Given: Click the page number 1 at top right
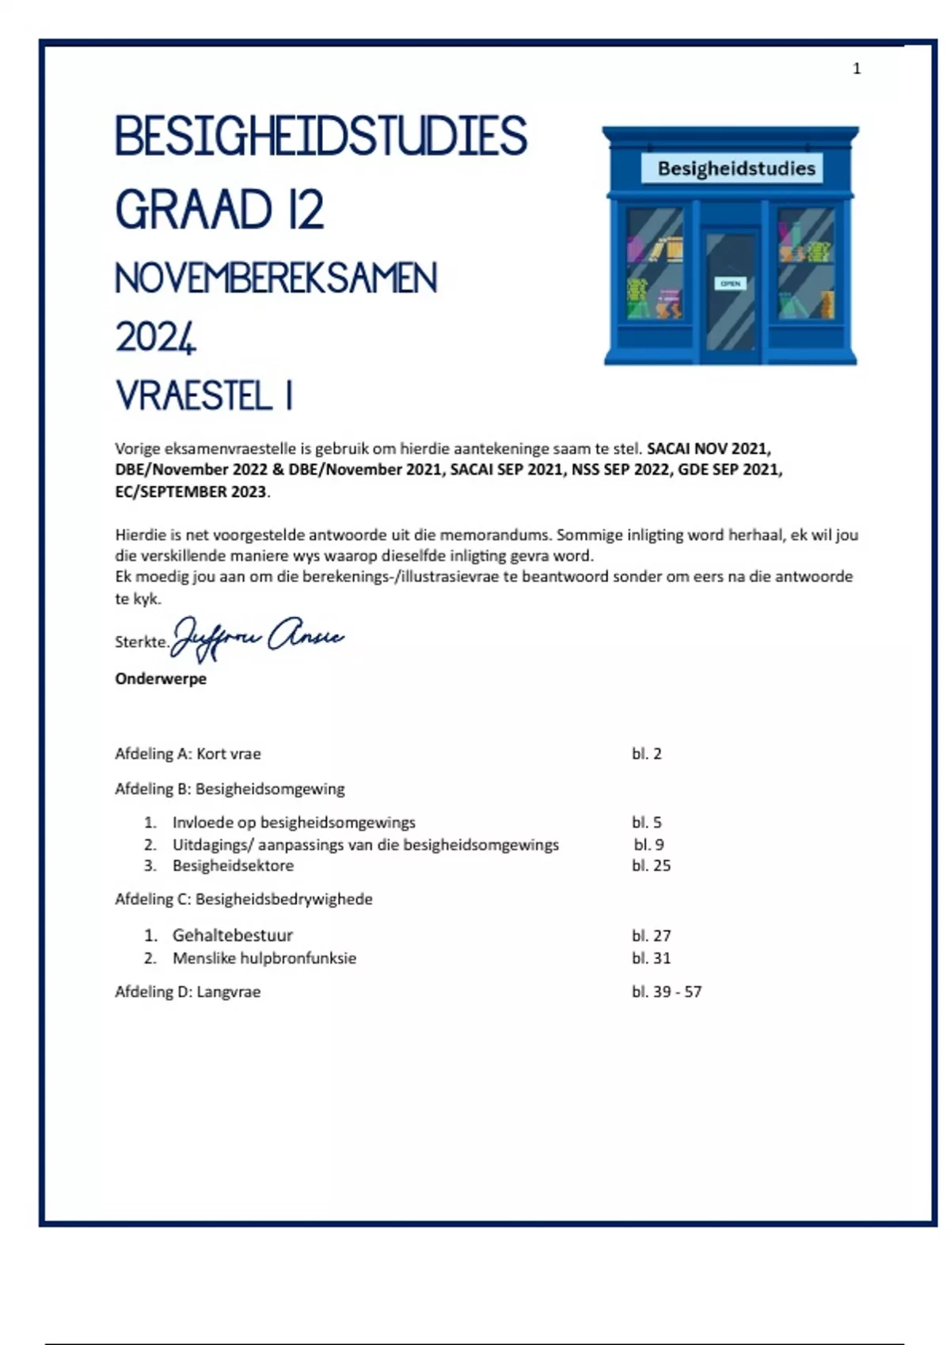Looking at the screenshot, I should click(857, 69).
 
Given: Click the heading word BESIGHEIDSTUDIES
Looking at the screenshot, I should click(321, 136).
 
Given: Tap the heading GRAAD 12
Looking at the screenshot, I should click(219, 210).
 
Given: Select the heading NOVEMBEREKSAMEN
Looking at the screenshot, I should click(275, 278).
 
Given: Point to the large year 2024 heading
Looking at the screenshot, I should click(155, 337).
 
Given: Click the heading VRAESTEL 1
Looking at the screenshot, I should click(204, 396).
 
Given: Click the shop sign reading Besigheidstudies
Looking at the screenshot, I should click(735, 169).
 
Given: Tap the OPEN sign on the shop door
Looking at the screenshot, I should click(730, 283).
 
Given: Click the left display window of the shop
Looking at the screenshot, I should click(655, 263).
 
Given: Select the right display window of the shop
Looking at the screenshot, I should click(806, 263).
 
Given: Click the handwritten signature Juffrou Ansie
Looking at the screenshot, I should click(257, 638).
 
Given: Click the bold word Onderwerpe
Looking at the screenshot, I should click(161, 679).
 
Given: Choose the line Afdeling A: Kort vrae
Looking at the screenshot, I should click(188, 754).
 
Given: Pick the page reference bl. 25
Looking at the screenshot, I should click(651, 866).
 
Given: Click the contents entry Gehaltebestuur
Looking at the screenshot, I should click(232, 935).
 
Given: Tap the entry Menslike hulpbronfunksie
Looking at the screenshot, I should click(264, 958).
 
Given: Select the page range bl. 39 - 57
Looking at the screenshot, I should click(666, 992).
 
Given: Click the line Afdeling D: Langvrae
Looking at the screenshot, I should click(188, 992).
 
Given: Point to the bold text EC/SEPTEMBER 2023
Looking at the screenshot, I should click(191, 491).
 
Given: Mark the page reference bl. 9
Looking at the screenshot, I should click(648, 844).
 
